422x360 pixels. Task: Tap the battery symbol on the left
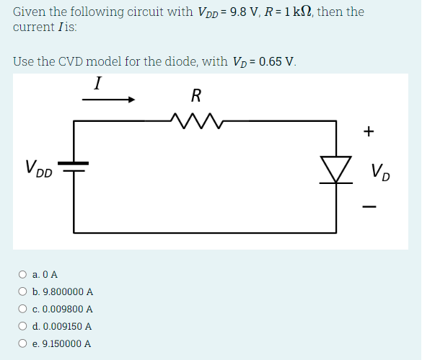pyautogui.click(x=74, y=167)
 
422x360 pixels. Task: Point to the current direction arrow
pyautogui.click(x=108, y=100)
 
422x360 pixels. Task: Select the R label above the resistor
pyautogui.click(x=196, y=95)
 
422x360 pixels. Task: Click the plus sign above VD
pyautogui.click(x=369, y=131)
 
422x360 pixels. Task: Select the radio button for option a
pyautogui.click(x=23, y=274)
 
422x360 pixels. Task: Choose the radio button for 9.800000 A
pyautogui.click(x=23, y=291)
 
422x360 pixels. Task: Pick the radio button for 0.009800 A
pyautogui.click(x=23, y=309)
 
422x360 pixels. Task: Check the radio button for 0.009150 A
pyautogui.click(x=23, y=326)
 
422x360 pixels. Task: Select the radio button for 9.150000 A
pyautogui.click(x=23, y=343)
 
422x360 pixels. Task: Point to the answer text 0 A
pyautogui.click(x=50, y=274)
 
